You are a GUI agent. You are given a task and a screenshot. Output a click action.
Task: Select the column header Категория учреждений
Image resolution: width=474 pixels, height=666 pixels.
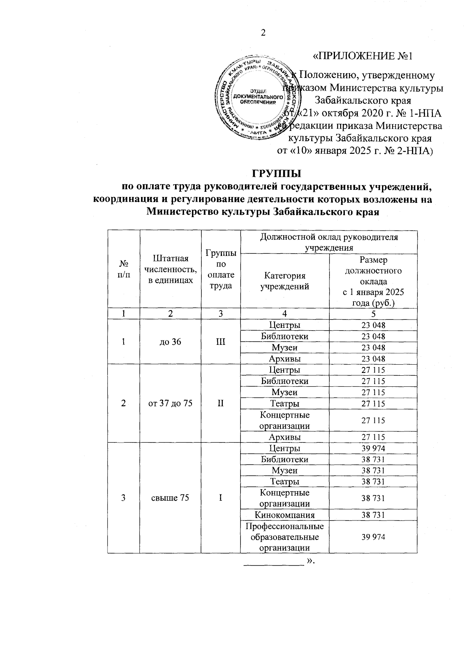[x=284, y=281]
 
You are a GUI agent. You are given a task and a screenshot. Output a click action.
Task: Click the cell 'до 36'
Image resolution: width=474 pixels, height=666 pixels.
[x=170, y=342]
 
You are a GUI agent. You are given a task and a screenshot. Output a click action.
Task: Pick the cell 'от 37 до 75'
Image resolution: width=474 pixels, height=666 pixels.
[x=170, y=403]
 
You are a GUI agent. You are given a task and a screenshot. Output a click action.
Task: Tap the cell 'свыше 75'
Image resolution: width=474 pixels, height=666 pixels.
[x=170, y=498]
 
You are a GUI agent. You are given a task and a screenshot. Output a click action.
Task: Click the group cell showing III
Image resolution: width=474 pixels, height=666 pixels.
[x=220, y=342]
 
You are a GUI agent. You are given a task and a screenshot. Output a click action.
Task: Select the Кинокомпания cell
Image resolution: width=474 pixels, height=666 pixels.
[x=284, y=515]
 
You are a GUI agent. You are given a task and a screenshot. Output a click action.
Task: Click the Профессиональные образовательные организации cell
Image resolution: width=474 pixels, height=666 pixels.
[x=284, y=537]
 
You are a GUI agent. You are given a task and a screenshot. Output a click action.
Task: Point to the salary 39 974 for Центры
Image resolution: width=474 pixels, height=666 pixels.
[x=373, y=448]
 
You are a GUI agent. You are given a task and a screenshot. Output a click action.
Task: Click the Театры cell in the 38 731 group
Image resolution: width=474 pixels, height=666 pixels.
[x=284, y=481]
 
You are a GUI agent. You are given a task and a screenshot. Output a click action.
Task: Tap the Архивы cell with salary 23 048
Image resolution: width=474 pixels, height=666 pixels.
[x=284, y=359]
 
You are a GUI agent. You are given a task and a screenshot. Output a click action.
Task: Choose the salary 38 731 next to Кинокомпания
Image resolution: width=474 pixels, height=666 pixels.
[x=373, y=515]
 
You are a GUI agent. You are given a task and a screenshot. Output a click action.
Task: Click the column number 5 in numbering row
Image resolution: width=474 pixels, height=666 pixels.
[x=373, y=314]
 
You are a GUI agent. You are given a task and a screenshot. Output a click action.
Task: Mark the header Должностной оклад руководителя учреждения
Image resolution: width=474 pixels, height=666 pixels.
[x=329, y=242]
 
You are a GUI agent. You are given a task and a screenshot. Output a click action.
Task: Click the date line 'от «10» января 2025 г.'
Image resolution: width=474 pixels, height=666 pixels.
[x=354, y=151]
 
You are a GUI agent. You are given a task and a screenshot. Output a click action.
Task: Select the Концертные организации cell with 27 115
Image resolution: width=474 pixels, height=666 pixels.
[x=284, y=420]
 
